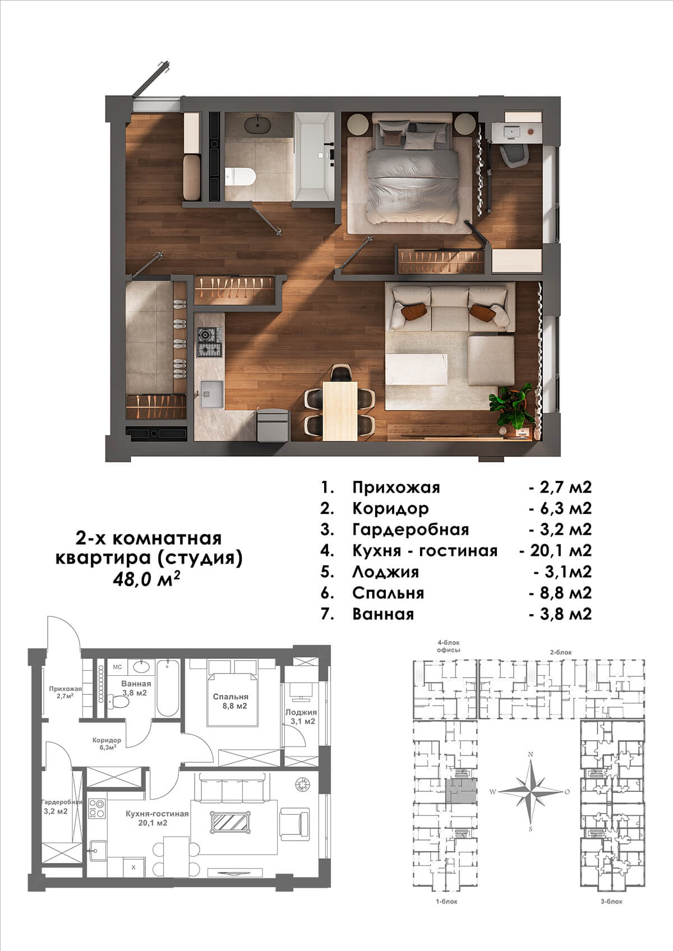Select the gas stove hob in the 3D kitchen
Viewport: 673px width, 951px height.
coord(209,342)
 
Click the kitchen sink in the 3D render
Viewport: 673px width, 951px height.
coord(211,393)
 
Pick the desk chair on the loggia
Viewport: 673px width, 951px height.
coord(514,155)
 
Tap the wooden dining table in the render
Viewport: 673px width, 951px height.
coord(340,411)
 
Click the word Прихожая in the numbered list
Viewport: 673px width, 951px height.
coord(396,488)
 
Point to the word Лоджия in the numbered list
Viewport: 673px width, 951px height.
coord(385,572)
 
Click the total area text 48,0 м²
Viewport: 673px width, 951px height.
coord(146,579)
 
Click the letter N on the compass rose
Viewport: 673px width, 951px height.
coord(530,754)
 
